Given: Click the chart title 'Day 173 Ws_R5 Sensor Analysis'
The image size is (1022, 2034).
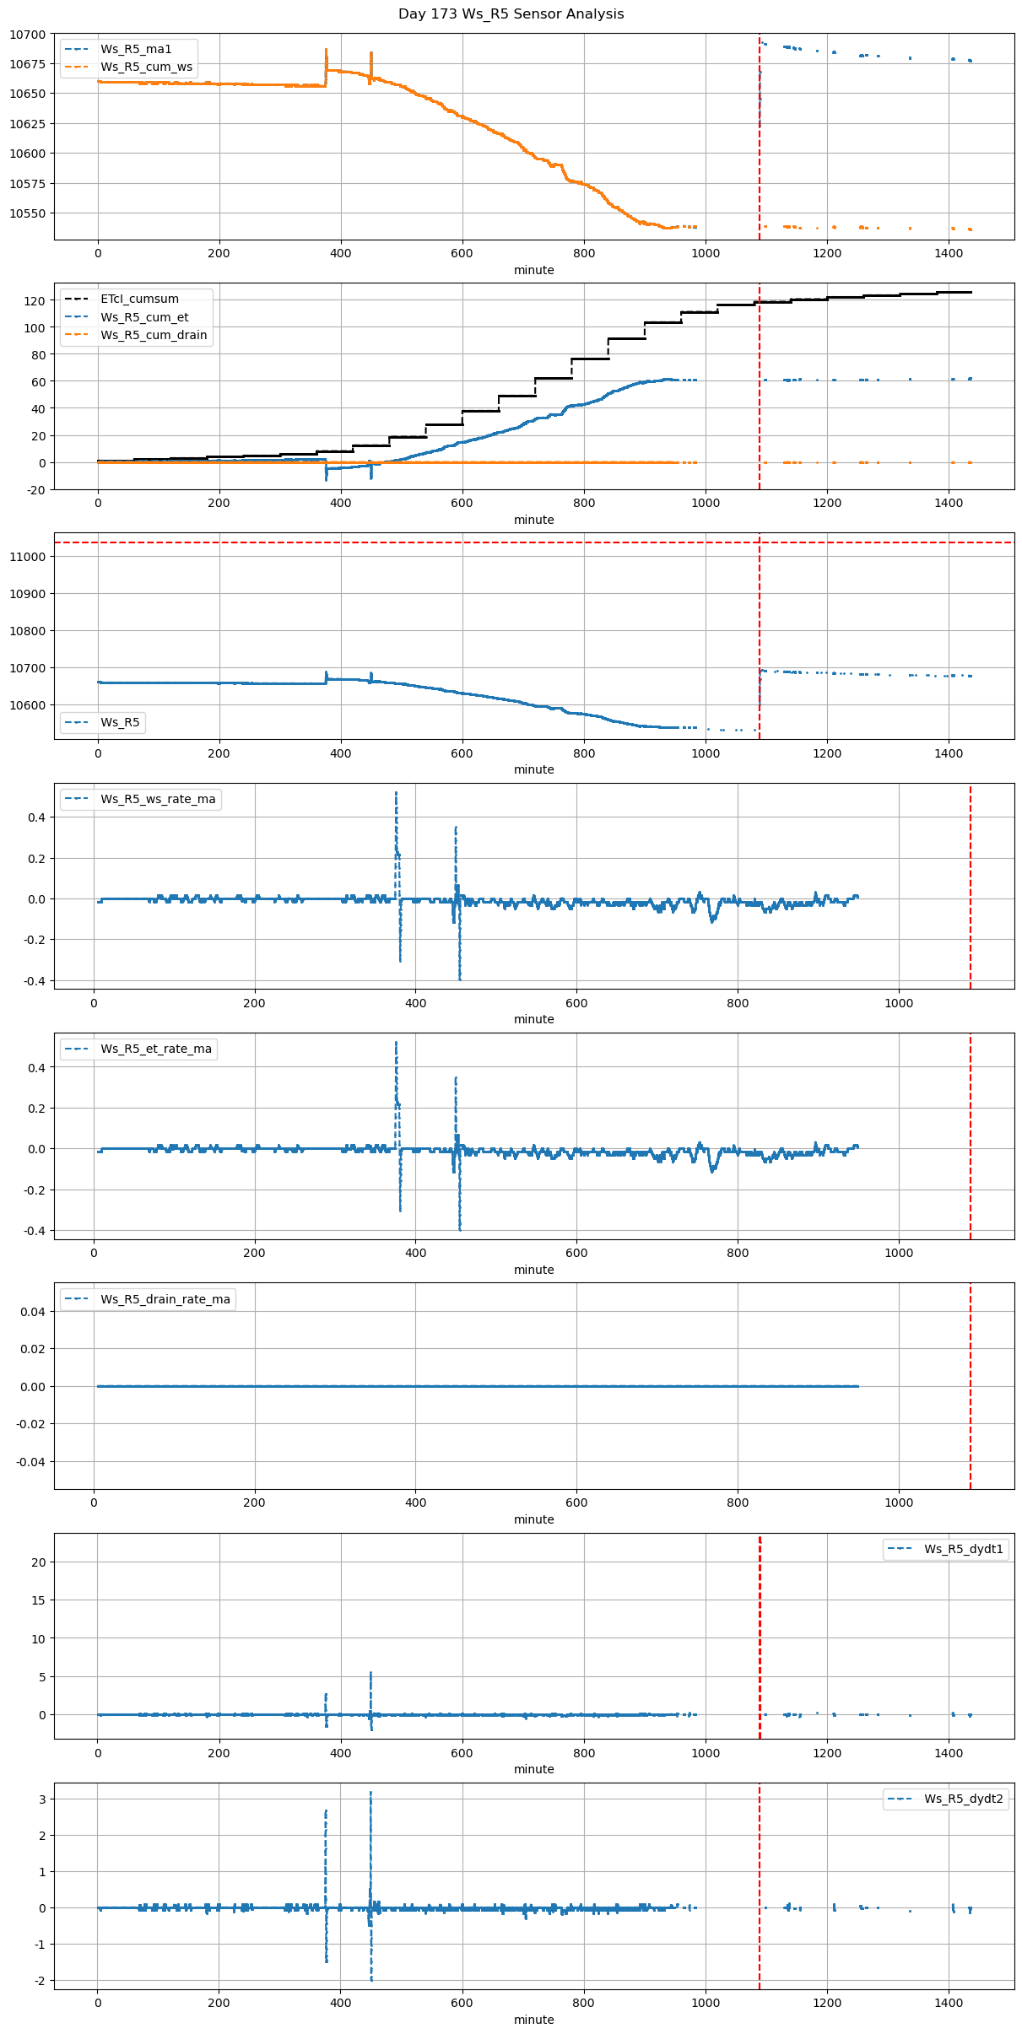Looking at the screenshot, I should tap(511, 14).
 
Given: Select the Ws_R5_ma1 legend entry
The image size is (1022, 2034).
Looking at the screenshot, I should tap(135, 49).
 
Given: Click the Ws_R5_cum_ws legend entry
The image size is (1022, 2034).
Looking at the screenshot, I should tap(146, 67).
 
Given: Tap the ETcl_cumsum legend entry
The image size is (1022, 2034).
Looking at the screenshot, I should tap(139, 299).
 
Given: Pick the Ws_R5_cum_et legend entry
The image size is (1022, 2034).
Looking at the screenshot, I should tap(144, 317).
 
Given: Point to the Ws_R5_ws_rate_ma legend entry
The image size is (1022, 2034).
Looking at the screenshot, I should tap(158, 799).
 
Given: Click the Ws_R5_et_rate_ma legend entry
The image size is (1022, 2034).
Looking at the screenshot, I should tap(156, 1049).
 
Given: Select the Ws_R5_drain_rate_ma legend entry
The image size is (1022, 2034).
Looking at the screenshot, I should tap(165, 1299).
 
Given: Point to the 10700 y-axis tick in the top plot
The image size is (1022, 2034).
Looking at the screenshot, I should tap(28, 35).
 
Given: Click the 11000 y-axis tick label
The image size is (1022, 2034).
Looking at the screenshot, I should tap(28, 557).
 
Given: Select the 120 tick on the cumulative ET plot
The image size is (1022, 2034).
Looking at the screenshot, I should tap(35, 301).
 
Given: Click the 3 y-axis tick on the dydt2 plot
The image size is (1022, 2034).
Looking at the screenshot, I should tap(42, 1799).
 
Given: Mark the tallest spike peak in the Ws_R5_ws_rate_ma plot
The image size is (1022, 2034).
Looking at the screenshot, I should tap(396, 793).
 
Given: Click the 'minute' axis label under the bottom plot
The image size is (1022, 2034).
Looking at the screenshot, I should tap(533, 2020).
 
